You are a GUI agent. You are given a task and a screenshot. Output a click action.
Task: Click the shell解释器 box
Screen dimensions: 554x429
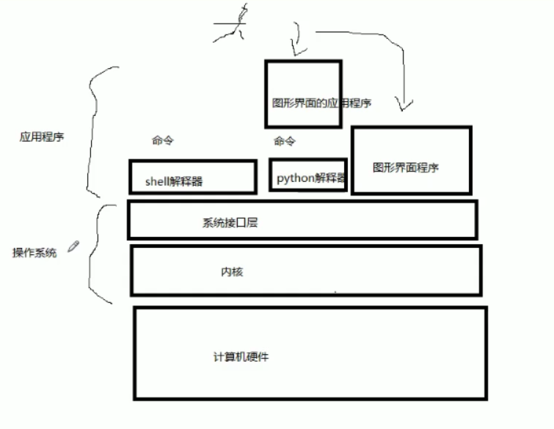coord(193,177)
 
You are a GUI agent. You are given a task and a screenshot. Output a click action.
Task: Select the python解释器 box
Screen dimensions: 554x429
coord(308,175)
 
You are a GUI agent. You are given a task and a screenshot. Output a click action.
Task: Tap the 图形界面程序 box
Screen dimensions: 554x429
coord(411,160)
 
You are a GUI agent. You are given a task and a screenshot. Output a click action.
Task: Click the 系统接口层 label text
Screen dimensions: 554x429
coord(230,223)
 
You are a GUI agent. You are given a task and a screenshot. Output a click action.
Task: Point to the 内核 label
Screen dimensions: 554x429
coord(232,272)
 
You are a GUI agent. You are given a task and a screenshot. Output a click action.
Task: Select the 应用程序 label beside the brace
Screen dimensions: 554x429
coord(41,136)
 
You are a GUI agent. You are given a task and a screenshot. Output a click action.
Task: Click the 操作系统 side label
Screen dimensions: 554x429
coord(34,253)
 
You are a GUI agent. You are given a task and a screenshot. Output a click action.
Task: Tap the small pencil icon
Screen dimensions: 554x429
coord(73,246)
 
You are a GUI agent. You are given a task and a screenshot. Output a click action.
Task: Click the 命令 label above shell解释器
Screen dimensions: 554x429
coord(164,140)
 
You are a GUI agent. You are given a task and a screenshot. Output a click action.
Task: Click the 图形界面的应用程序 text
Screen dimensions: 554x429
coord(321,103)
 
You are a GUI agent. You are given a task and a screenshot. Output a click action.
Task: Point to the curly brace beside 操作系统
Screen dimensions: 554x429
coord(98,253)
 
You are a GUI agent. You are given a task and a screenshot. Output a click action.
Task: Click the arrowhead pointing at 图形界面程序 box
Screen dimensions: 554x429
coord(401,106)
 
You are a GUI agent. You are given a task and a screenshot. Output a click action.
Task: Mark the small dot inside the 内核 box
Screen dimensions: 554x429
coord(335,292)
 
